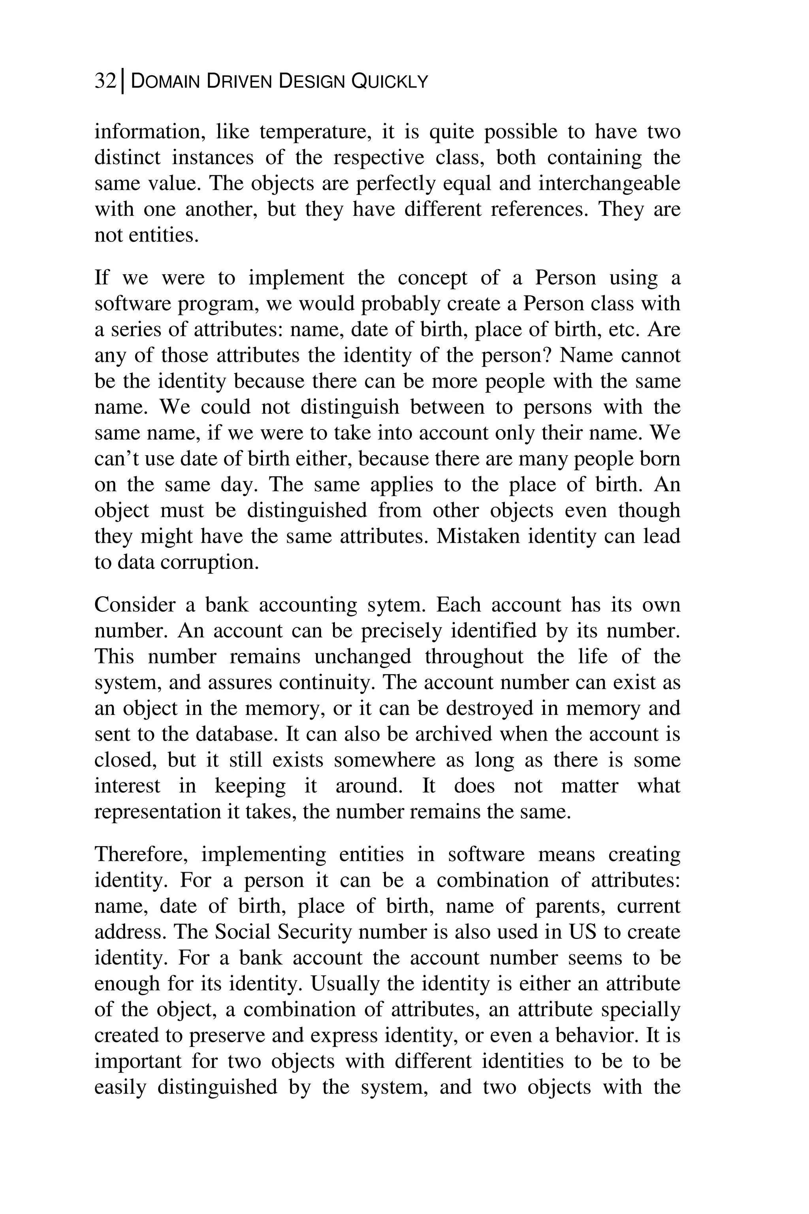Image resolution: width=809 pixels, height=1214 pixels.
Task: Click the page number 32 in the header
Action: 105,81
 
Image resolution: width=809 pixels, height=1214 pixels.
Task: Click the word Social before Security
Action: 241,932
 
